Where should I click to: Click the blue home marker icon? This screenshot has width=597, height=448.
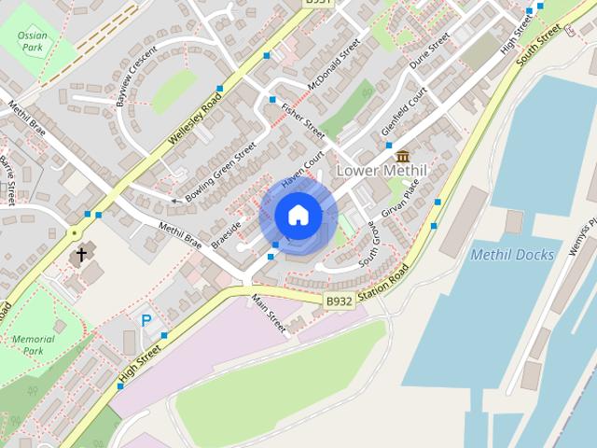click(x=298, y=216)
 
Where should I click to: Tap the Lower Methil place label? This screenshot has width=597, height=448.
click(x=381, y=171)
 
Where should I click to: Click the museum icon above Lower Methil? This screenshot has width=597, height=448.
click(x=403, y=155)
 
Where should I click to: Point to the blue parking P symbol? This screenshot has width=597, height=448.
click(x=146, y=320)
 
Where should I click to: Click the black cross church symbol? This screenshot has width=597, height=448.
click(x=81, y=253)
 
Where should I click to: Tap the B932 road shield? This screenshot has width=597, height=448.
click(x=338, y=301)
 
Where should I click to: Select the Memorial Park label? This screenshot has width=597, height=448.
click(x=34, y=344)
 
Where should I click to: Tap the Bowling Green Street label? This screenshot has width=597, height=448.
click(x=219, y=173)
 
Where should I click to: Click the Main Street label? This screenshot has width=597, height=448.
click(x=271, y=314)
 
